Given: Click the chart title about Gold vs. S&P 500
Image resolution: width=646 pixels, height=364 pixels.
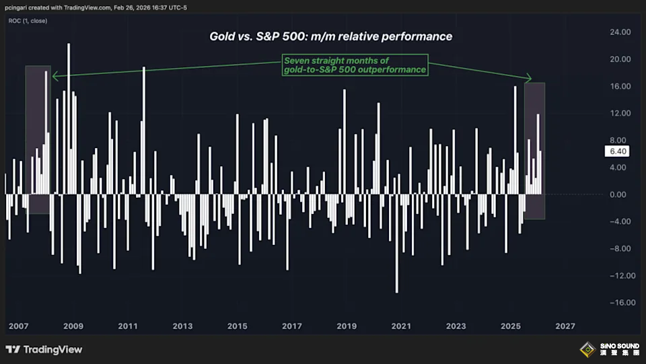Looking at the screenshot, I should click(x=330, y=36).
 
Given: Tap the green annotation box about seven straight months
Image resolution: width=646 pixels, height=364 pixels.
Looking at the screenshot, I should click(x=355, y=65).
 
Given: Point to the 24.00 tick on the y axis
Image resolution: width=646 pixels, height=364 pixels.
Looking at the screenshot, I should click(x=620, y=32).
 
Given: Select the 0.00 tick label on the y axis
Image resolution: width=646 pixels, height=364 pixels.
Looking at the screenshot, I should click(x=620, y=194).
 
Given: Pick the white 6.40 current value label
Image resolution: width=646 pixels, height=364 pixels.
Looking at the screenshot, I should click(x=618, y=151).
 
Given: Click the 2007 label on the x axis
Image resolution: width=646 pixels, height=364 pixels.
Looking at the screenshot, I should click(x=19, y=326).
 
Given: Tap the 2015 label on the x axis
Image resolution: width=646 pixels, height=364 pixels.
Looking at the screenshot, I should click(x=237, y=326).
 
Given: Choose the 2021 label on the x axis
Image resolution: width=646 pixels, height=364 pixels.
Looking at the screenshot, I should click(x=401, y=326).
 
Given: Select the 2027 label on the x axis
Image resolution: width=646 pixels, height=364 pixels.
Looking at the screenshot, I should click(x=565, y=326).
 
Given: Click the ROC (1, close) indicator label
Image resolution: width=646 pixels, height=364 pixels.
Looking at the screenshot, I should click(x=28, y=21).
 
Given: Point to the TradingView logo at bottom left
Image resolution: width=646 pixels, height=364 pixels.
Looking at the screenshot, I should click(x=44, y=349).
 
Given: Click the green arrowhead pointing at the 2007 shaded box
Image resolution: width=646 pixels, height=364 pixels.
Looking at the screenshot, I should click(x=54, y=75).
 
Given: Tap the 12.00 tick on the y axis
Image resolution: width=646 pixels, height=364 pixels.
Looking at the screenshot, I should click(x=620, y=113).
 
